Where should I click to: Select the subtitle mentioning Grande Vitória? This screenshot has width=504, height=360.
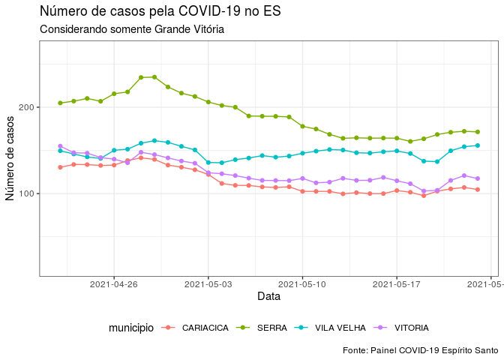132,29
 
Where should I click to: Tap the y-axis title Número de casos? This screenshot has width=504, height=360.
10,158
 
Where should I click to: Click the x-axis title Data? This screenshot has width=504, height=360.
268,297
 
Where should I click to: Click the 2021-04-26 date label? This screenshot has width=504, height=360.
114,284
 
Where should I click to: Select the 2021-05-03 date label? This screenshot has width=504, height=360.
208,284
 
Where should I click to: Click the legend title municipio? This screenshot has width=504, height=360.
131,328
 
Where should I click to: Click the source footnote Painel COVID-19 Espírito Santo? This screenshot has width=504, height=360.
420,350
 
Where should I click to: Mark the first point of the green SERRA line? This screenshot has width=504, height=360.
61,103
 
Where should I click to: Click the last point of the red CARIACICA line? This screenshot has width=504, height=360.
477,190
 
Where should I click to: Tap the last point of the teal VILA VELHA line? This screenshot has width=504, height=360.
477,145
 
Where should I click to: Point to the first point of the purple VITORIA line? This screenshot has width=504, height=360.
61,146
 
